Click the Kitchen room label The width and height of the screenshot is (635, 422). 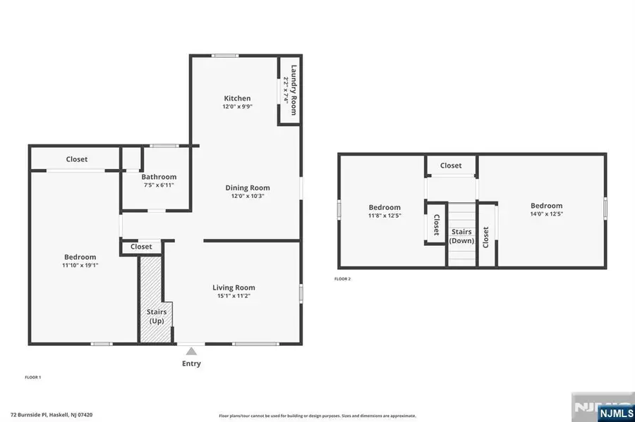237,98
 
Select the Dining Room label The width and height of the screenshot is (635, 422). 248,187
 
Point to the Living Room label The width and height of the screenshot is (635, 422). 234,287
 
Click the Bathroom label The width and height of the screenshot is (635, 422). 159,177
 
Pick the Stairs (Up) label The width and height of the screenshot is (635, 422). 157,316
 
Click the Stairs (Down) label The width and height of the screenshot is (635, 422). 461,236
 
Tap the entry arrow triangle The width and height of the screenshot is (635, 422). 191,350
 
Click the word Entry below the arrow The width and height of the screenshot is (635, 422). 191,364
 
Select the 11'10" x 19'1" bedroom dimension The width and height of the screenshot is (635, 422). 79,266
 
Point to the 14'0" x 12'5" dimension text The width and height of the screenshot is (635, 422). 547,214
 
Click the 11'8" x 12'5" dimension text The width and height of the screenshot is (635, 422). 385,216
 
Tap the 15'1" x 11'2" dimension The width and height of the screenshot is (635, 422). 234,296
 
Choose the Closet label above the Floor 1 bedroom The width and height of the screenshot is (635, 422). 77,159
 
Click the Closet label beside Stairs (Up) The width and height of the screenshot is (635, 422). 141,247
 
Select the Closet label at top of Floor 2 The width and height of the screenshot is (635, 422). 451,166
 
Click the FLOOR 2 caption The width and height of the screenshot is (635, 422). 342,279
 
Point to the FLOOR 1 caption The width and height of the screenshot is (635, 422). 33,378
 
